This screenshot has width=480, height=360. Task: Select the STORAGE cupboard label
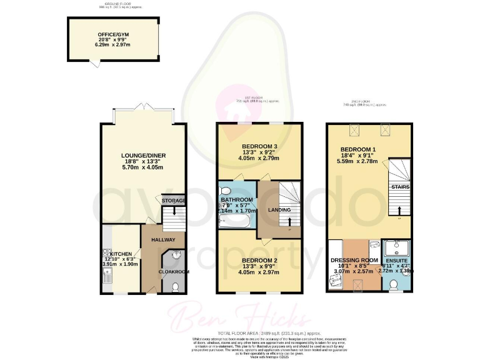point(174,200)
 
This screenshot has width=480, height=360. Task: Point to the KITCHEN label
point(122,254)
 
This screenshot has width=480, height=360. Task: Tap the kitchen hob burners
point(106,254)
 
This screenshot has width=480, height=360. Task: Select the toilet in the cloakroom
point(175,286)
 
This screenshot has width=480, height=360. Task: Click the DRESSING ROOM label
point(354,259)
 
